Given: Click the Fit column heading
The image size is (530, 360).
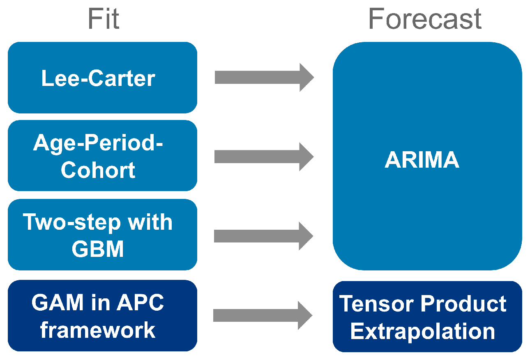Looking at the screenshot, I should coord(104,19).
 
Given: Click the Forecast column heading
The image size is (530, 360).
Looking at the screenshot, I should coord(425,19).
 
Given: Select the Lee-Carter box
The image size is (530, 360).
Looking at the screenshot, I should coord(102,78).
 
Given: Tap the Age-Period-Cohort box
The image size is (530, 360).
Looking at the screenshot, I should coord(102,156).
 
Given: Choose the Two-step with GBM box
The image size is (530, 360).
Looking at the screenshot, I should coord(102,235).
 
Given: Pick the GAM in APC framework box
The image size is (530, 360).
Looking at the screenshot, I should coord(102,316).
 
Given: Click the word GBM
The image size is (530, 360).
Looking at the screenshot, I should coord(98,249).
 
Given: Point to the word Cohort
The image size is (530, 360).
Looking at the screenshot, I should coord(98,170).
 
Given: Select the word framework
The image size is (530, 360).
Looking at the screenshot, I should coord(98,330).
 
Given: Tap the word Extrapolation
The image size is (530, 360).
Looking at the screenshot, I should coord(423,331).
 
